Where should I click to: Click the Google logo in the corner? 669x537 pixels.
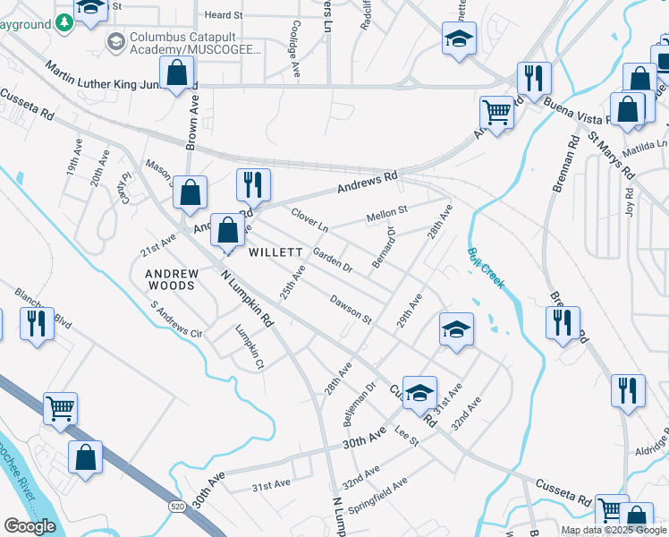(30, 526)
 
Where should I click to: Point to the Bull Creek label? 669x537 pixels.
(487, 267)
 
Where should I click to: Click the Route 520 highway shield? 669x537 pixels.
(179, 507)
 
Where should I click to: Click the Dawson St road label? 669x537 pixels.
(350, 310)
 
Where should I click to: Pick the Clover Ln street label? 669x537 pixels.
(310, 220)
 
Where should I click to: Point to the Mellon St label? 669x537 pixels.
(386, 215)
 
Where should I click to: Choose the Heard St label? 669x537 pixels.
(224, 15)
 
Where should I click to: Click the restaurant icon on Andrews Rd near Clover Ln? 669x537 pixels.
(253, 185)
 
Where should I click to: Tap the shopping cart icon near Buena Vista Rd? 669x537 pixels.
(496, 113)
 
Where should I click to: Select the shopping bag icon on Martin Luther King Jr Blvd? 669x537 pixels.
(177, 72)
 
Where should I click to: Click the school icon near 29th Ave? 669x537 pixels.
(455, 329)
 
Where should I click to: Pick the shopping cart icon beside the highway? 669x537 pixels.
(61, 408)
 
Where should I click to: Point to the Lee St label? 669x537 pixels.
(407, 439)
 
